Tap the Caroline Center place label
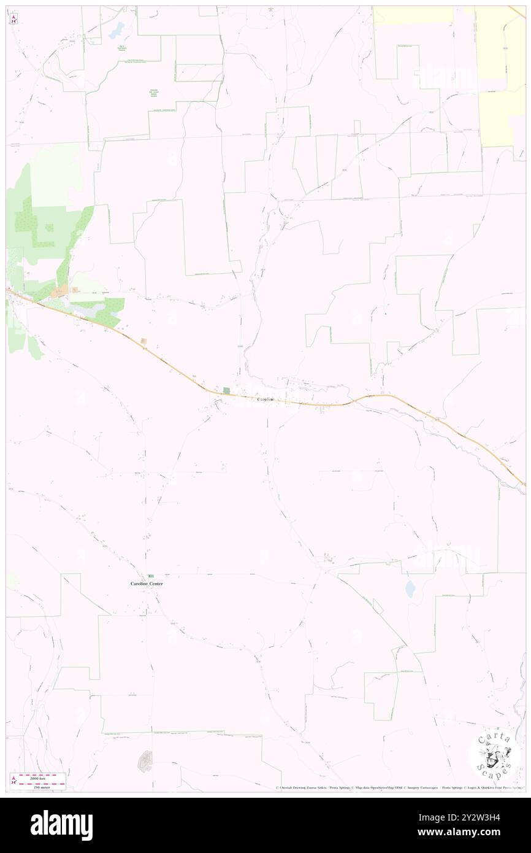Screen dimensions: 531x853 pyautogui.click(x=147, y=584)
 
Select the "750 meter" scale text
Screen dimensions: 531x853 pyautogui.click(x=42, y=786)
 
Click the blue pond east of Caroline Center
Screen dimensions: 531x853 pyautogui.click(x=410, y=589)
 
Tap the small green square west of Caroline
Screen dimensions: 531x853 pyautogui.click(x=226, y=391)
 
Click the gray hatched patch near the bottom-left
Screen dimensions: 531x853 pyautogui.click(x=145, y=760)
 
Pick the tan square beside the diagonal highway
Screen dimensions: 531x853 pyautogui.click(x=143, y=341)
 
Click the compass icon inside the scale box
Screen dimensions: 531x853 pyautogui.click(x=13, y=780)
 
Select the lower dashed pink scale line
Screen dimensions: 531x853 pyautogui.click(x=42, y=783)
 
